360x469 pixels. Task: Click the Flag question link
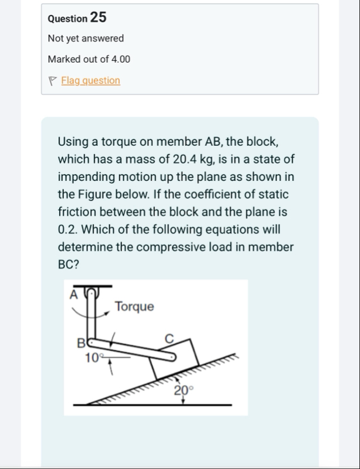(x=91, y=80)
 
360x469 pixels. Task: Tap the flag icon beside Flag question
(x=52, y=81)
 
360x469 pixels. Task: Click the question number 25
(x=98, y=17)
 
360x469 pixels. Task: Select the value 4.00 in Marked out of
(x=121, y=59)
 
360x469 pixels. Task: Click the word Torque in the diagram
(x=135, y=307)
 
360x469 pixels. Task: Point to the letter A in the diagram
(x=73, y=295)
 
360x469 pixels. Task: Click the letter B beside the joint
(x=81, y=343)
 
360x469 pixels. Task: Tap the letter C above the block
(x=169, y=339)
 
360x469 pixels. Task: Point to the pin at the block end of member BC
(x=172, y=357)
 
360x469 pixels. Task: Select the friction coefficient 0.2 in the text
(x=68, y=229)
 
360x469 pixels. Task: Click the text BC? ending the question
(x=68, y=265)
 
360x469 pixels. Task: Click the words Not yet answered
(x=86, y=38)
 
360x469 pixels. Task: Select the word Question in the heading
(x=68, y=19)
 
